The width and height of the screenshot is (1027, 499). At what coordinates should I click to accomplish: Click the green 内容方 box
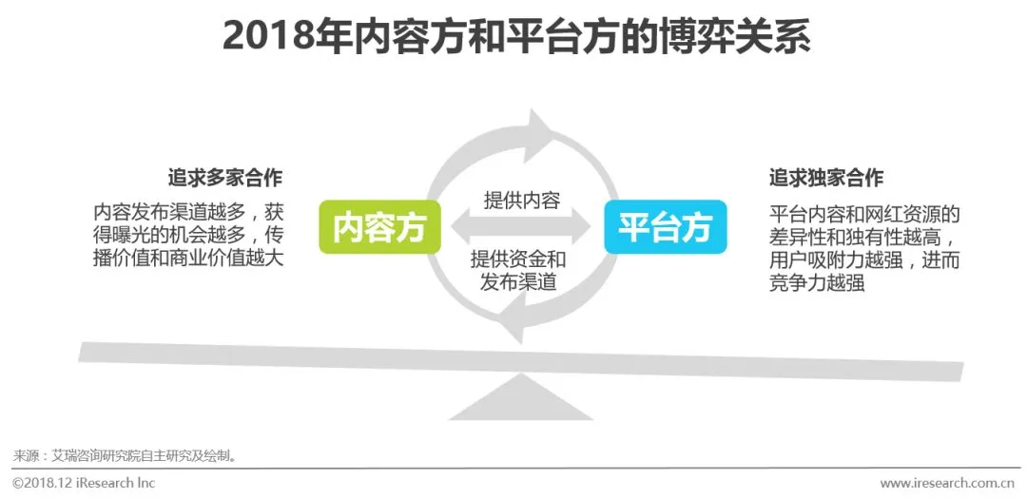pos(378,226)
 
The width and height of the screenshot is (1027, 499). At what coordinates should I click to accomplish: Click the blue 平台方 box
pos(665,226)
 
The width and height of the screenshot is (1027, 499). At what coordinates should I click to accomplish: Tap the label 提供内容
pos(522,200)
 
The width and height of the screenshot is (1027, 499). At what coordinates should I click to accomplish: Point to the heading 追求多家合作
pos(224,178)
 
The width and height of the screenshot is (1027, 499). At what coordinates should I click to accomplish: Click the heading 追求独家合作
pos(826,178)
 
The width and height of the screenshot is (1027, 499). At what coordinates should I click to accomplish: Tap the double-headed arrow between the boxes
pos(521,228)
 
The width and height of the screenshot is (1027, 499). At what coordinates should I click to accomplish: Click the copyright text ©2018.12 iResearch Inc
pos(84,483)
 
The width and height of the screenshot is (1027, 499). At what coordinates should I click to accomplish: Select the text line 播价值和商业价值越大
pos(188,258)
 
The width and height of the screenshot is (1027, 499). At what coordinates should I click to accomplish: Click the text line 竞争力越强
pos(817,282)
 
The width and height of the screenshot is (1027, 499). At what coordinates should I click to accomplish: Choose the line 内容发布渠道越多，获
pos(188,210)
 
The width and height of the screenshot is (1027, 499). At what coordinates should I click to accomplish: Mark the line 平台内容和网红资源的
pos(864,212)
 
